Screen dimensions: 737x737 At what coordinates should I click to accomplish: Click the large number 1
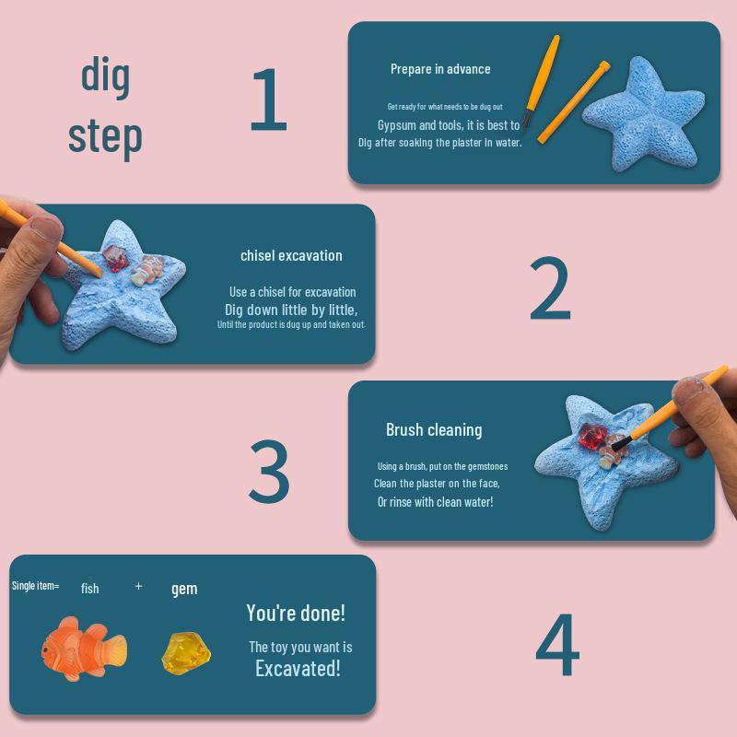tap(268, 100)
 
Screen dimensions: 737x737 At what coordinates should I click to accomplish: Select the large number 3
tap(270, 472)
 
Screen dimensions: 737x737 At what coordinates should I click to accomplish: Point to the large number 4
tap(557, 648)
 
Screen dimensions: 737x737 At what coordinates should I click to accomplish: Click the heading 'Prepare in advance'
tap(440, 69)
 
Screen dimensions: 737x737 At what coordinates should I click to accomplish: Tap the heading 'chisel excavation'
tap(291, 255)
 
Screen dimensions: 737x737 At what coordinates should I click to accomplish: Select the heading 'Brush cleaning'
tap(434, 429)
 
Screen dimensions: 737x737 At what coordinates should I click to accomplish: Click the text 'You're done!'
tap(296, 613)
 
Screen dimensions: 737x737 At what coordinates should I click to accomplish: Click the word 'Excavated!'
tap(298, 668)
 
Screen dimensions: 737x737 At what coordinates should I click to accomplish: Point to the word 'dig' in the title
tap(105, 76)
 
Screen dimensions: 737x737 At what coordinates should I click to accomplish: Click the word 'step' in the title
tap(105, 136)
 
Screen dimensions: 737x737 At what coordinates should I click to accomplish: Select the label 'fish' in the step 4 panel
tap(89, 588)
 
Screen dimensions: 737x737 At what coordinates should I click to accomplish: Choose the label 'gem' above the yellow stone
tap(184, 589)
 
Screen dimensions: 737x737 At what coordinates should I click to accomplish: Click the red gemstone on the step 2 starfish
tap(118, 259)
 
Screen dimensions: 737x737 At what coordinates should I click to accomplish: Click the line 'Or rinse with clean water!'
tap(435, 502)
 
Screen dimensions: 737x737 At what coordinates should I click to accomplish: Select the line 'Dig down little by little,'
tap(291, 310)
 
